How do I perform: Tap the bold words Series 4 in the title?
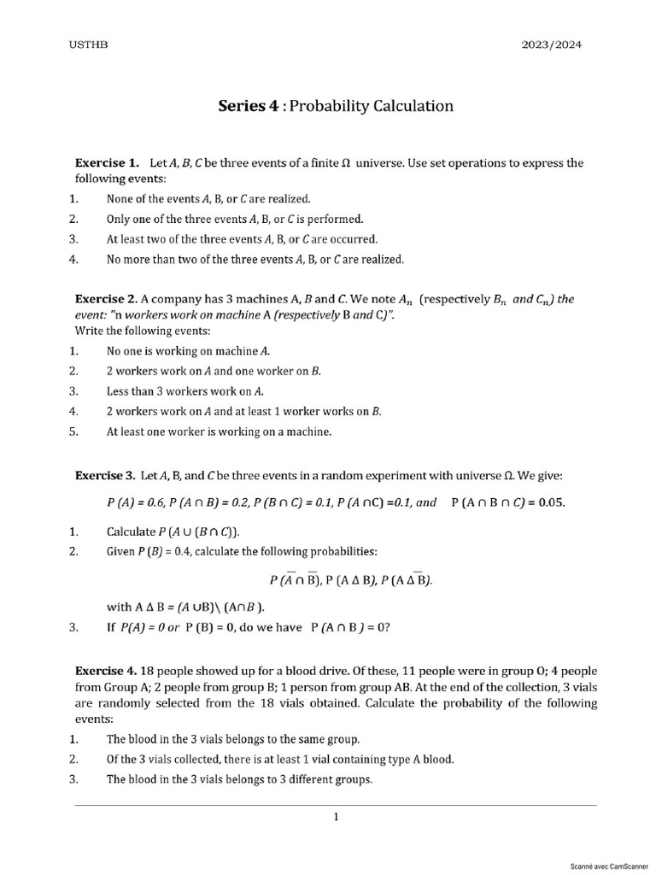249,106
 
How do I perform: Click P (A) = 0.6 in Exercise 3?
136,502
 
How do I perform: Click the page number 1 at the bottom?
336,817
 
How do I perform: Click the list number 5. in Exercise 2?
73,432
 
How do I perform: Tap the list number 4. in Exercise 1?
73,259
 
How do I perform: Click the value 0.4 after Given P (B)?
179,551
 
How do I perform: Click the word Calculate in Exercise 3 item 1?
130,531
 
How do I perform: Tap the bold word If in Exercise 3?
111,627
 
